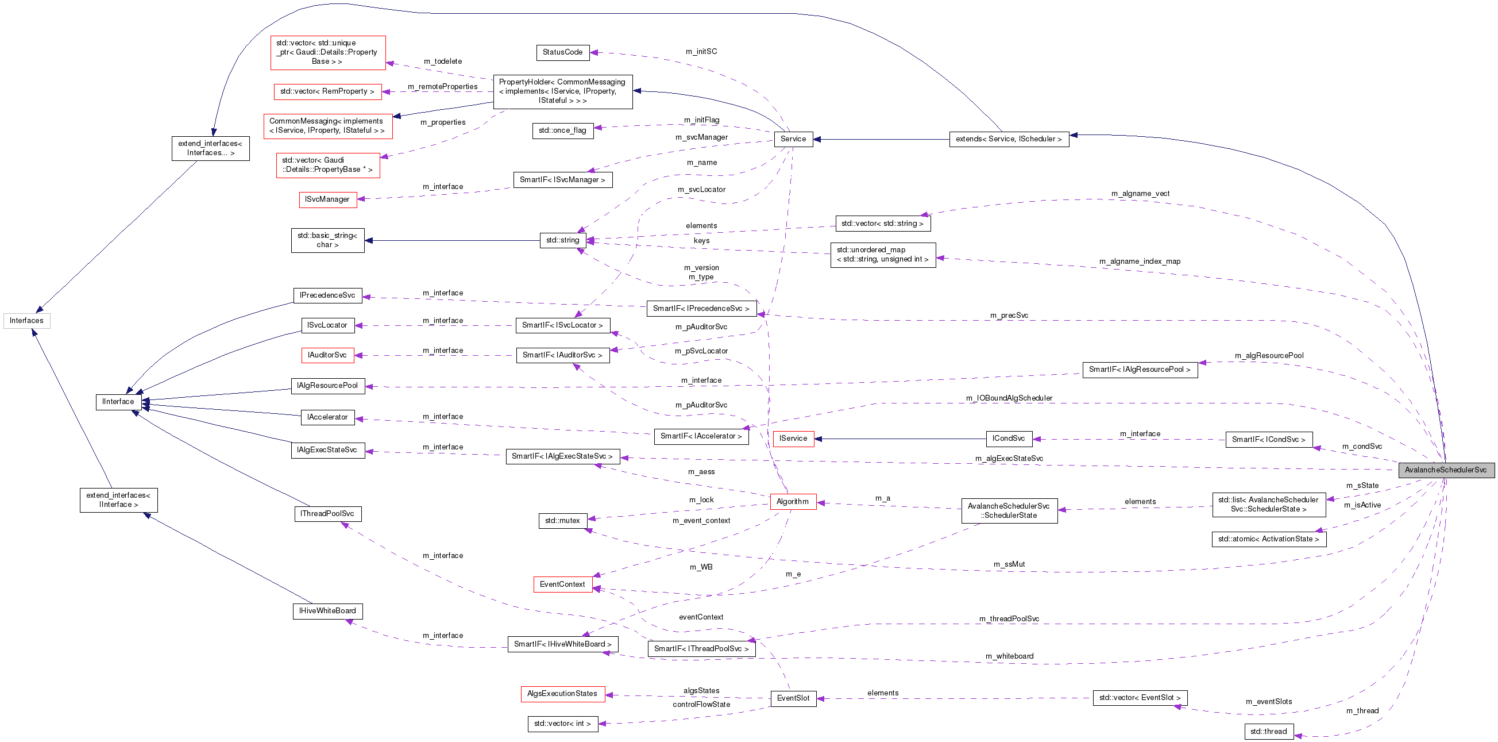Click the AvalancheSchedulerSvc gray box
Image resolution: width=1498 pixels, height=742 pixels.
click(x=1445, y=470)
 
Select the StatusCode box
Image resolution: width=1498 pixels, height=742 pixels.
click(x=562, y=52)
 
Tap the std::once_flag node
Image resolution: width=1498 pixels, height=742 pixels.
click(x=562, y=130)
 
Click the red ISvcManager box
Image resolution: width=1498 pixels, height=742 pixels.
click(x=327, y=199)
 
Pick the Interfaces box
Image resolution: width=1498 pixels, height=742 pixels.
click(x=27, y=321)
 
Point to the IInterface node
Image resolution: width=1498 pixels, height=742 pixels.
click(x=118, y=402)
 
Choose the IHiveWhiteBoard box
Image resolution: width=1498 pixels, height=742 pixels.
click(x=327, y=611)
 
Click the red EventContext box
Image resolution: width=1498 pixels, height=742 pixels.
click(x=562, y=585)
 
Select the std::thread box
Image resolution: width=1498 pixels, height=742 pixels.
click(x=1268, y=732)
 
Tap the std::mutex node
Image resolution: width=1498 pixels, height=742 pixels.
click(x=562, y=521)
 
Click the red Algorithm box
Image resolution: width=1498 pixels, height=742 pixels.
click(x=793, y=502)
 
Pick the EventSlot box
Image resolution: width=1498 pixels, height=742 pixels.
click(x=793, y=698)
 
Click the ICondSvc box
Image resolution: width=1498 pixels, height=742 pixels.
click(x=1009, y=439)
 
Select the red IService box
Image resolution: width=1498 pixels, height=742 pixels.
click(x=793, y=439)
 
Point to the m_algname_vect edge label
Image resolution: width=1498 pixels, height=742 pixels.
click(x=1140, y=194)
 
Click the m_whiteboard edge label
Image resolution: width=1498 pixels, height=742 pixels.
click(x=1010, y=656)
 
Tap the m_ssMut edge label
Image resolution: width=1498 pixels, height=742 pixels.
click(x=1009, y=564)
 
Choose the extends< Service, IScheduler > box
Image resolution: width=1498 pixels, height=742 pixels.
click(x=1009, y=139)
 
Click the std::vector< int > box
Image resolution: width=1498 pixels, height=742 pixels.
click(x=562, y=724)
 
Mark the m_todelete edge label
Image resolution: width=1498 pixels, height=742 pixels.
click(x=442, y=61)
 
